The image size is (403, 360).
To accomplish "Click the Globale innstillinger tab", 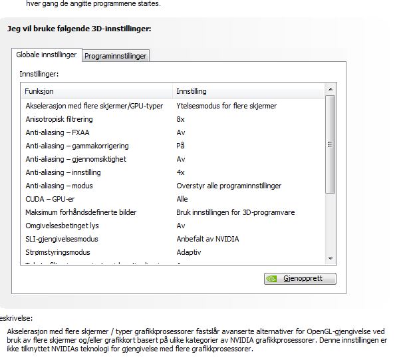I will pyautogui.click(x=47, y=55).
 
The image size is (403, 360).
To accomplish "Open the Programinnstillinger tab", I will pyautogui.click(x=116, y=57).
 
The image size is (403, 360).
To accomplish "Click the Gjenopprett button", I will pyautogui.click(x=300, y=278).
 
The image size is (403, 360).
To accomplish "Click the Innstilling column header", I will pyautogui.click(x=192, y=90).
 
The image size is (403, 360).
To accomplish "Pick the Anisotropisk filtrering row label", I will pyautogui.click(x=59, y=119).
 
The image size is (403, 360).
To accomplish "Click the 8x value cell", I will pyautogui.click(x=180, y=119).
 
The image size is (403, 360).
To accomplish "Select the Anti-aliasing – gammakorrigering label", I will pyautogui.click(x=76, y=146).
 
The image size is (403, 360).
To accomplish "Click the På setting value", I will pyautogui.click(x=180, y=146).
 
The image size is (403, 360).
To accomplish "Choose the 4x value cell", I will pyautogui.click(x=180, y=172).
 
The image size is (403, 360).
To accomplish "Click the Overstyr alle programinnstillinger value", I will pyautogui.click(x=229, y=186).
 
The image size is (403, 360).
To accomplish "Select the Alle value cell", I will pyautogui.click(x=182, y=199).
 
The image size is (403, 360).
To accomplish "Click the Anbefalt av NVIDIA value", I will pyautogui.click(x=207, y=239).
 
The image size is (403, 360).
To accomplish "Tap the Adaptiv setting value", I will pyautogui.click(x=189, y=252).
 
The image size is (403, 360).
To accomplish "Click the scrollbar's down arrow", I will pyautogui.click(x=331, y=258).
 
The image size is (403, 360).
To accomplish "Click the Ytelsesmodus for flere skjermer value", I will pyautogui.click(x=227, y=106).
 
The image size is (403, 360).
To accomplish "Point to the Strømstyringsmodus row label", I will pyautogui.click(x=57, y=252).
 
